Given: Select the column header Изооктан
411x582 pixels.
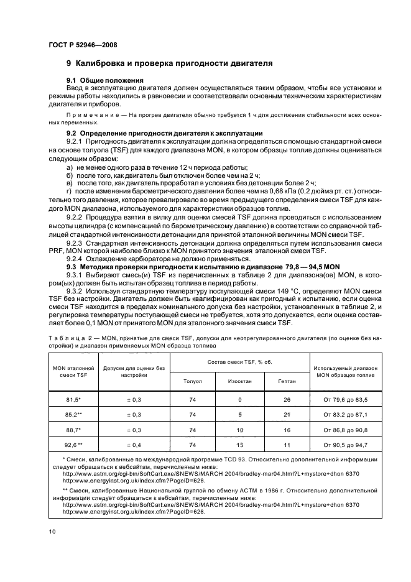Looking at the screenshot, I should (239, 381).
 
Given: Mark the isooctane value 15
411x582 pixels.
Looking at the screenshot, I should (239, 445).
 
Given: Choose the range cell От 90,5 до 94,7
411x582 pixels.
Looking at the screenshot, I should (346, 445).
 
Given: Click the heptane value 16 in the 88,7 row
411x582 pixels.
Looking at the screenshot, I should (287, 430).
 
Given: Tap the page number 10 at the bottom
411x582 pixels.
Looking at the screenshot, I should (51, 531).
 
